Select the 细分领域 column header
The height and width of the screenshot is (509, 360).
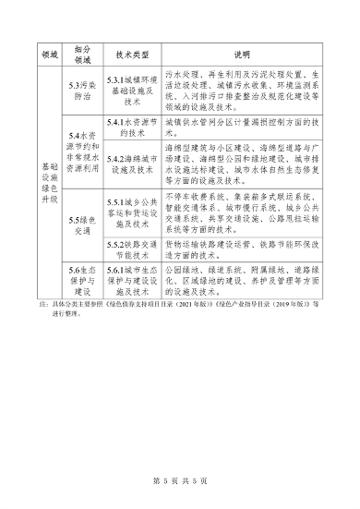point(83,55)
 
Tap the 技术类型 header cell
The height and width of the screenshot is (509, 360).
point(131,55)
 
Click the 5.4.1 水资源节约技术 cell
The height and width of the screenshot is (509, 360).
point(131,127)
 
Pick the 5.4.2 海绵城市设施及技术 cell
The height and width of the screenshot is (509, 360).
point(131,164)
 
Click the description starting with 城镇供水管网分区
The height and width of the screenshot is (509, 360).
point(241,127)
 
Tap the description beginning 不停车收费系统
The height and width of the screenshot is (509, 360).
point(241,213)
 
